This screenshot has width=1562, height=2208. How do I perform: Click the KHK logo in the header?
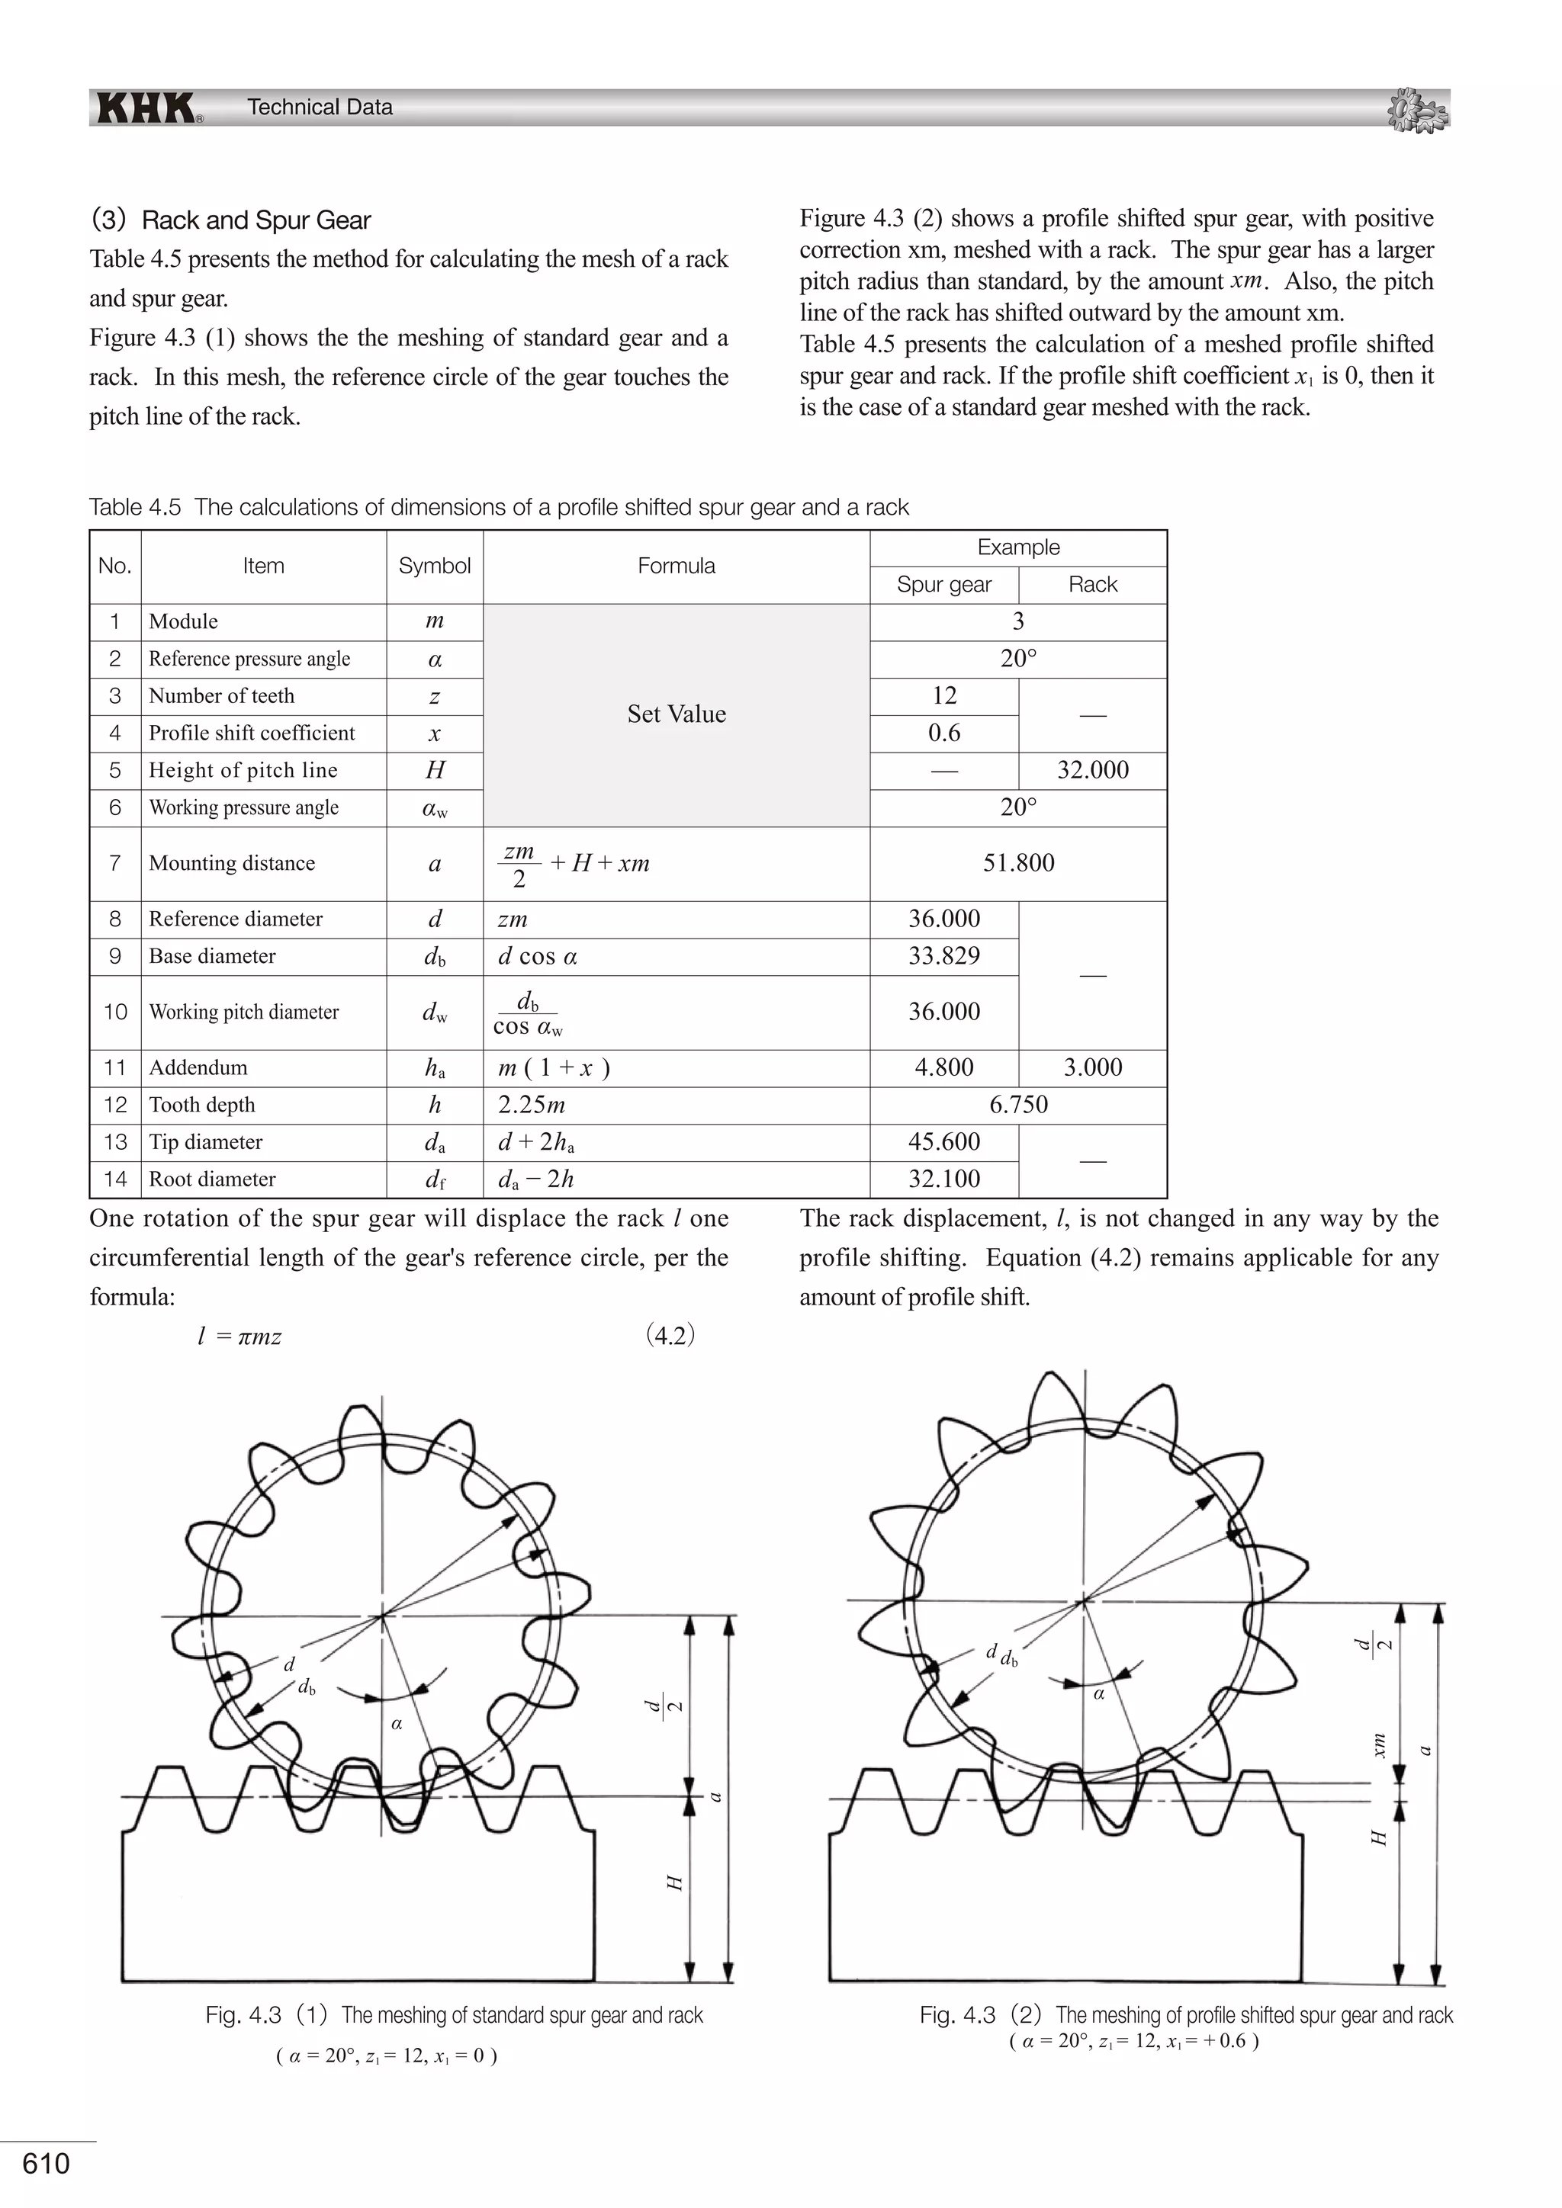click(146, 108)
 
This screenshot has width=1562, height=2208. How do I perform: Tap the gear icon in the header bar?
click(1419, 110)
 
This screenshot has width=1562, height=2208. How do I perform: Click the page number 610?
click(47, 2164)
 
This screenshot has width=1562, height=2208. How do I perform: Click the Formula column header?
click(677, 566)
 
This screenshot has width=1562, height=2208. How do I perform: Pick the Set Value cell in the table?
click(677, 714)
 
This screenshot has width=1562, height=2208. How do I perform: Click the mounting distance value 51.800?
click(1017, 862)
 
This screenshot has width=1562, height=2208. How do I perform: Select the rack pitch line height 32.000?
click(1093, 769)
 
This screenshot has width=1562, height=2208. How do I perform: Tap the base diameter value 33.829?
click(943, 956)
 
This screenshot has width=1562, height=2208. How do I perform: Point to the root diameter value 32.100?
click(943, 1179)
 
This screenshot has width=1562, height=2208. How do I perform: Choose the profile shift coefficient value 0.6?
click(943, 733)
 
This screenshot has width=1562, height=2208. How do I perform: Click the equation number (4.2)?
click(670, 1335)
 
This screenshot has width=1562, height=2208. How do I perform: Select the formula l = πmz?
click(239, 1337)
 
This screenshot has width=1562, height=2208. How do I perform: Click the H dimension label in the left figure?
click(675, 1882)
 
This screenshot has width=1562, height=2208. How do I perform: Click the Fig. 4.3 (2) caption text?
click(1185, 2014)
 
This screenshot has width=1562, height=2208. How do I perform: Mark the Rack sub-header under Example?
click(1093, 585)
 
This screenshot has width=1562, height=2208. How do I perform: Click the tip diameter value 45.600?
click(943, 1141)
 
